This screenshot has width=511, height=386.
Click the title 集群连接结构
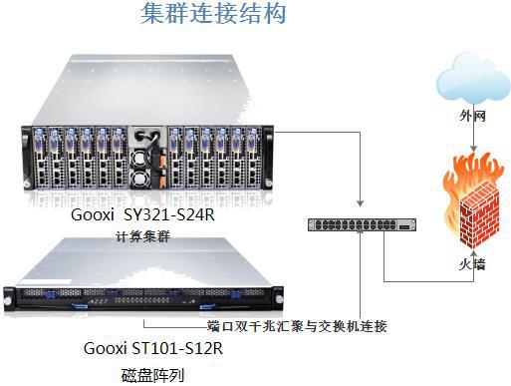point(214,14)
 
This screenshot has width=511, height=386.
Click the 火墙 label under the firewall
point(472,267)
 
